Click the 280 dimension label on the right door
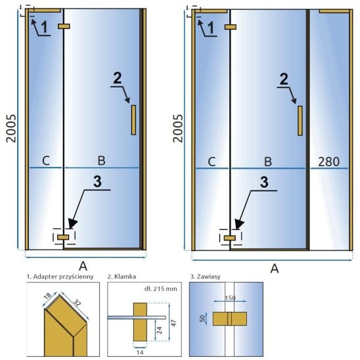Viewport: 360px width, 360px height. click(x=328, y=162)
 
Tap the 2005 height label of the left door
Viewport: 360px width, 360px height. click(x=11, y=128)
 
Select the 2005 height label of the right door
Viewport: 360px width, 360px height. click(x=178, y=128)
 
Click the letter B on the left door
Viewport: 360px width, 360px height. click(x=101, y=160)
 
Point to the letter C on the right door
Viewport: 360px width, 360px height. click(x=212, y=162)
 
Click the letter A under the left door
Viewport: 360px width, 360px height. click(x=83, y=266)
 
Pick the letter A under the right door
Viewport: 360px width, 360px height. click(x=275, y=269)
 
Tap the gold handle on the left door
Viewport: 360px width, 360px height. click(x=133, y=120)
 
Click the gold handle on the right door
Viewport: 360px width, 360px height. click(x=300, y=121)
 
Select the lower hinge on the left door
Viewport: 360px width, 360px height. click(x=63, y=237)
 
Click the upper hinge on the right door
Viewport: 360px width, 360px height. click(x=231, y=27)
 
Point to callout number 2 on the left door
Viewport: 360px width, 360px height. click(x=118, y=78)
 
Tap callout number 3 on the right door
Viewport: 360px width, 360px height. click(x=264, y=182)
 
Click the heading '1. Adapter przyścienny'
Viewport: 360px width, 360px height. click(x=60, y=277)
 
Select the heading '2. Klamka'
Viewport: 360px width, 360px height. click(x=122, y=277)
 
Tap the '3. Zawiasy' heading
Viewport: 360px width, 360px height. click(x=205, y=277)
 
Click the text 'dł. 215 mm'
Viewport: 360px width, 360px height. click(x=161, y=288)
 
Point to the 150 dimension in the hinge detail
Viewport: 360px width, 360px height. click(x=230, y=298)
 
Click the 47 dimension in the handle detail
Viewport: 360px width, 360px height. click(x=174, y=323)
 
